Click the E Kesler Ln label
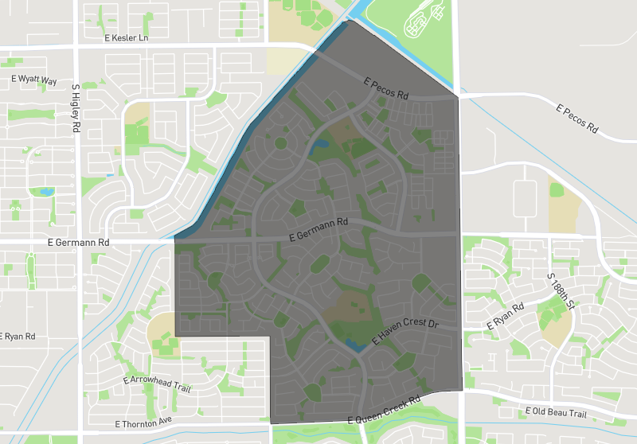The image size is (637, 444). coord(126,37)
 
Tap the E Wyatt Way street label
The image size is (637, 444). coord(34,80)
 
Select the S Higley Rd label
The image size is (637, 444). coord(76,108)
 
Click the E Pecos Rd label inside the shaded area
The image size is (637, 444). coord(385,88)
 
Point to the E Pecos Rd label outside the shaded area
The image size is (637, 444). coord(577,118)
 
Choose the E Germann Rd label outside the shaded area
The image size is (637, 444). coord(77,242)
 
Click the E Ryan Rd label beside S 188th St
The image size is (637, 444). coord(506,317)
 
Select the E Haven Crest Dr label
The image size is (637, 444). coord(405,333)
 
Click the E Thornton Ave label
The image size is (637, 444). coord(143,423)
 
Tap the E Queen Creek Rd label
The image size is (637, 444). coord(384,411)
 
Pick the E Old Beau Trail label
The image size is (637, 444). coord(556,412)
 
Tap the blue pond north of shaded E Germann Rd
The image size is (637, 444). coord(321,145)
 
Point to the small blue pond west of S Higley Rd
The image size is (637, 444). coord(45,192)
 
